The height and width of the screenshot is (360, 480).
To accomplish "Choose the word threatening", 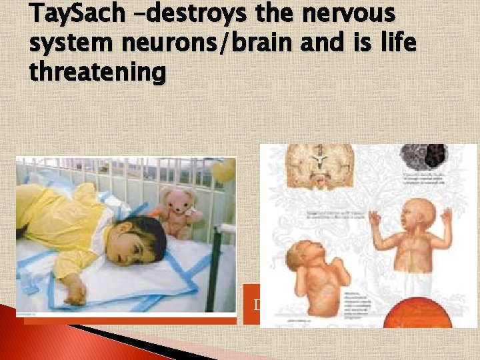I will pos(97,72).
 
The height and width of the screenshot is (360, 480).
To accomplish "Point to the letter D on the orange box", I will pos(257,305).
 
